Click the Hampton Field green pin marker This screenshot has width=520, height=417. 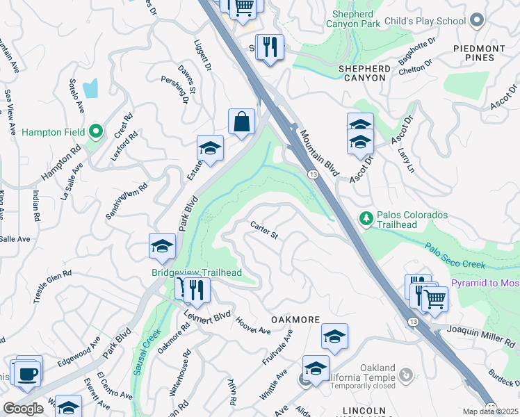click(x=97, y=131)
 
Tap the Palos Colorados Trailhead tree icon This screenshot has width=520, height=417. click(x=366, y=219)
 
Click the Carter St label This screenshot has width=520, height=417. click(x=264, y=230)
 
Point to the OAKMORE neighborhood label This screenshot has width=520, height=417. click(x=295, y=320)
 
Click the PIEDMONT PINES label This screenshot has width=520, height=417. click(x=479, y=54)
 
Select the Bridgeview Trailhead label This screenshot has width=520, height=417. click(x=197, y=272)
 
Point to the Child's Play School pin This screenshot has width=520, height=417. click(x=476, y=20)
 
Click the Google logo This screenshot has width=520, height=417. click(x=23, y=409)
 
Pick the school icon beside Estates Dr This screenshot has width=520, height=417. click(x=209, y=148)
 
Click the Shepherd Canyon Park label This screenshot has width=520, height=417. click(x=356, y=18)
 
